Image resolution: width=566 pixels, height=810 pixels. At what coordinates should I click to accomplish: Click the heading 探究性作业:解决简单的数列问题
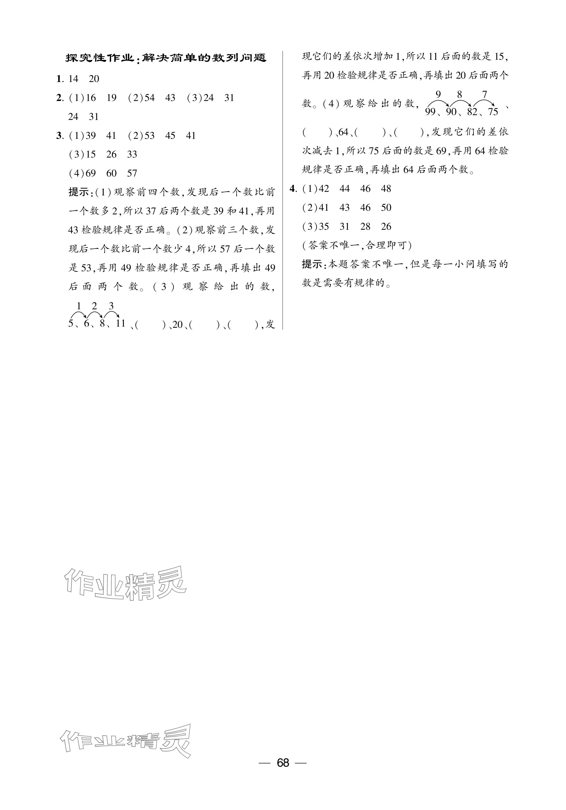166,58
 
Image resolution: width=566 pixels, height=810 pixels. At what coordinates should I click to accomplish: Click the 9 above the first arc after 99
438,94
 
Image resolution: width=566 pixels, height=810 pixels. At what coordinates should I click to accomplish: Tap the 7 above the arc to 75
485,94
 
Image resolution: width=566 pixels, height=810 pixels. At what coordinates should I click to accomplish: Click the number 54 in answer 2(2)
149,98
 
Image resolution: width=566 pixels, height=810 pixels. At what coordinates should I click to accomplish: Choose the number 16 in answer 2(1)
91,98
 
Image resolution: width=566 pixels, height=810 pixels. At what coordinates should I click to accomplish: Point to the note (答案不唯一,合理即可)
357,246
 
